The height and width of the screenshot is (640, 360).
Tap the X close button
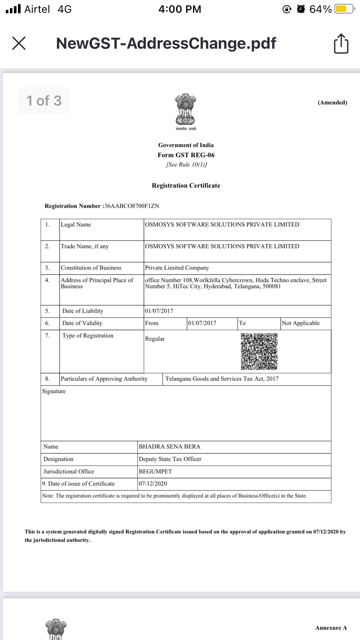coord(19,43)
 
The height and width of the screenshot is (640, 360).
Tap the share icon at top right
coord(341,44)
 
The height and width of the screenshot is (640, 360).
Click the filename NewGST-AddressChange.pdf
coord(166,43)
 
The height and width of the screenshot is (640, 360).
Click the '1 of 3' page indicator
coord(44,101)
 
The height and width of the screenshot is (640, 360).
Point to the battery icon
coord(344,9)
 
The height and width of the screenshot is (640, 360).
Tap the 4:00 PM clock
coord(180,9)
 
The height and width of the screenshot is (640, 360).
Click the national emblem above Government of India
coord(186,110)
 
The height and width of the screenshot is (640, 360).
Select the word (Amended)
coord(332,103)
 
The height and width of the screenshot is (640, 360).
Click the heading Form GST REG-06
coord(186,155)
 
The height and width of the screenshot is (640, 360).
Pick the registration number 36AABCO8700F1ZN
coord(131,206)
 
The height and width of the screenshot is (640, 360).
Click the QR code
coord(259,351)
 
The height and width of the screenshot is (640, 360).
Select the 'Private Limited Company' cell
coord(177,268)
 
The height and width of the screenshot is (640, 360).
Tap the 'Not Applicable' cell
coord(301,323)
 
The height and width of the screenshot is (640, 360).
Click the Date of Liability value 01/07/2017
coord(159,311)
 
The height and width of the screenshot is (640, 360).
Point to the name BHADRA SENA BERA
coord(170,447)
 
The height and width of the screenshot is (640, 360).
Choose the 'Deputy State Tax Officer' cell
coord(170,459)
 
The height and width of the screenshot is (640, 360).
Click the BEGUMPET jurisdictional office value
coord(155,472)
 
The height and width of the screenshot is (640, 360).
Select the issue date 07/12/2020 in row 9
coord(153,484)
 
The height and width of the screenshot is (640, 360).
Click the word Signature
coord(54,391)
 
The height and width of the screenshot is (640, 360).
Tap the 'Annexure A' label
coord(331,628)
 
